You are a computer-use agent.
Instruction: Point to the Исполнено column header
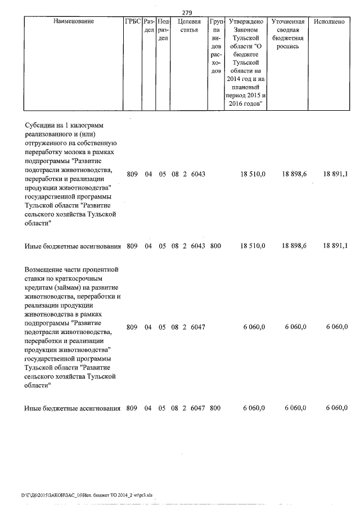329,21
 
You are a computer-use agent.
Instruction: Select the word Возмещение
47,270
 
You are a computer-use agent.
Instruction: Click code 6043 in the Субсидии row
198,174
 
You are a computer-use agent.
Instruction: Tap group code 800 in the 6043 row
215,246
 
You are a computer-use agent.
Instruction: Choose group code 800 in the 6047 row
215,408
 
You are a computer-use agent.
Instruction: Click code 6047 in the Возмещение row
198,327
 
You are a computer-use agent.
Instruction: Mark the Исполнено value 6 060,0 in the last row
336,408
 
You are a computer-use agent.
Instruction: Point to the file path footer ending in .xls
87,496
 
